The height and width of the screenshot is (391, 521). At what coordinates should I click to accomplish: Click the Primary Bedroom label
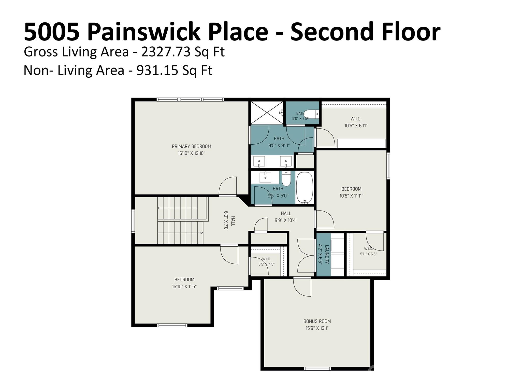(192, 146)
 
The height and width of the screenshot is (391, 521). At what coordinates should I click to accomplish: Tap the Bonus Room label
(317, 321)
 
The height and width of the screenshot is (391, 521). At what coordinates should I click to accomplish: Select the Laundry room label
(327, 254)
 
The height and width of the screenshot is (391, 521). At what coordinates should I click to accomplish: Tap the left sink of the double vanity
(259, 161)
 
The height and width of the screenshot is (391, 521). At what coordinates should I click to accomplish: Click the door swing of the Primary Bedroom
(228, 186)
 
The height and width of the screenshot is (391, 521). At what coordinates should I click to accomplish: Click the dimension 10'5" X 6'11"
(356, 125)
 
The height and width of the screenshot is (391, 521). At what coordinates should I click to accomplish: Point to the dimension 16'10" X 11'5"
(184, 286)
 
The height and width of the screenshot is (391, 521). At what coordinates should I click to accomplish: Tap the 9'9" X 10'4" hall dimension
(286, 220)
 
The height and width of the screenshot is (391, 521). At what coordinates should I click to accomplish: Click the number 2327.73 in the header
(166, 52)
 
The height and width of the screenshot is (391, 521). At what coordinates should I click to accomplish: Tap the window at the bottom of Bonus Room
(317, 369)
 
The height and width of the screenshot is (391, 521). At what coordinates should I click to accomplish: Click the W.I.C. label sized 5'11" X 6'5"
(368, 249)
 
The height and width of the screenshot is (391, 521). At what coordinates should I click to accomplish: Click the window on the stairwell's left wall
(133, 221)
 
